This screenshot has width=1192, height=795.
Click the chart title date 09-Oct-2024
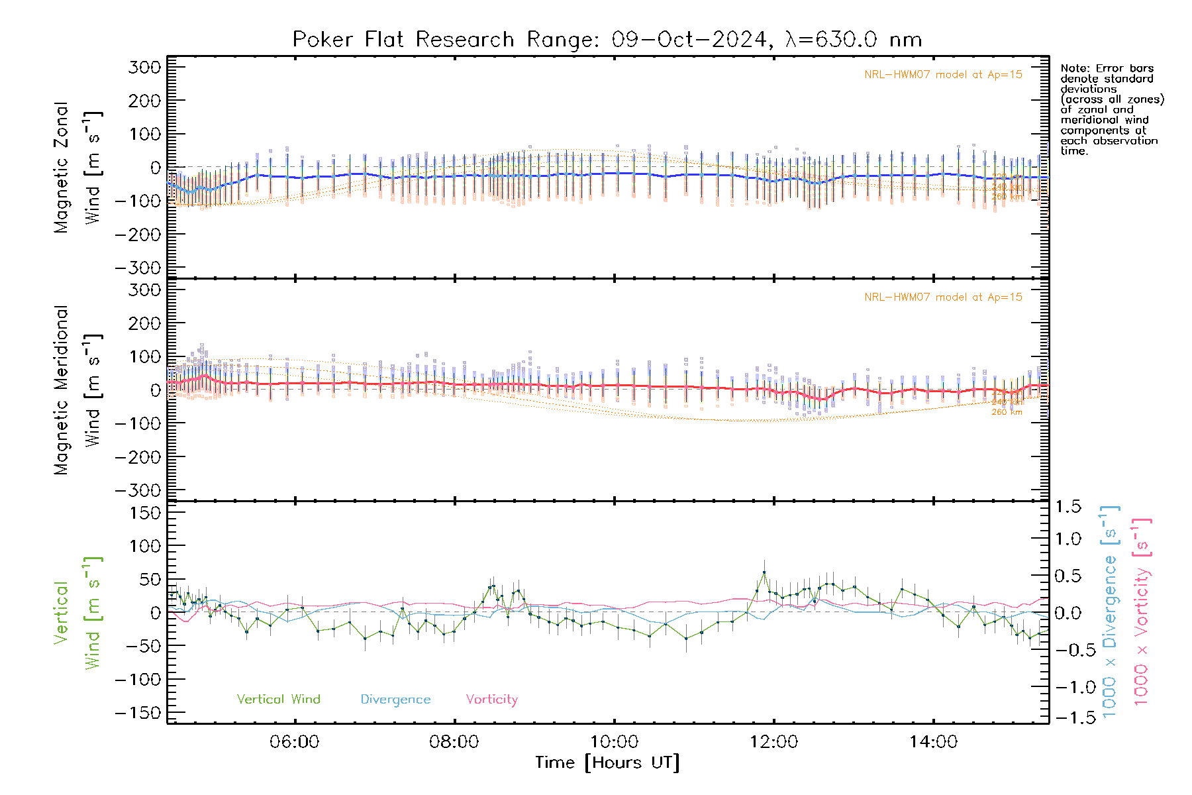point(689,40)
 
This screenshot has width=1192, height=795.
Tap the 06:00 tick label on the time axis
point(294,742)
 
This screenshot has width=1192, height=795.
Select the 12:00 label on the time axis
point(773,742)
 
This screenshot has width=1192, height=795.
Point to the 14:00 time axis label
point(933,742)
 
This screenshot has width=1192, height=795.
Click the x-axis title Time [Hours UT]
point(607,763)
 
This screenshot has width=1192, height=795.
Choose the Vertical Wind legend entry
point(278,700)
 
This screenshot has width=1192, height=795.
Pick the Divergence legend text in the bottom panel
point(395,700)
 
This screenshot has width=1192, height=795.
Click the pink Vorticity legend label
point(491,700)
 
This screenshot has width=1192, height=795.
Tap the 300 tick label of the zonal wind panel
point(145,67)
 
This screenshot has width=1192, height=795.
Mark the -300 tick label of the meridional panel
point(138,490)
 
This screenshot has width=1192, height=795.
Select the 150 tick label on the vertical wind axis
point(145,513)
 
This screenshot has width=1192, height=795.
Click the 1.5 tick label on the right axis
point(1068,507)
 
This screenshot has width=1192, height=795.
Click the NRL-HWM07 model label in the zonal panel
point(943,75)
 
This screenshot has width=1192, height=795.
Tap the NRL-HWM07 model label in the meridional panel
point(943,297)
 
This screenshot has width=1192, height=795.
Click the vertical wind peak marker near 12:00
point(764,572)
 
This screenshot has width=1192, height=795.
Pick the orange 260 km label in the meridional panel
point(1007,412)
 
